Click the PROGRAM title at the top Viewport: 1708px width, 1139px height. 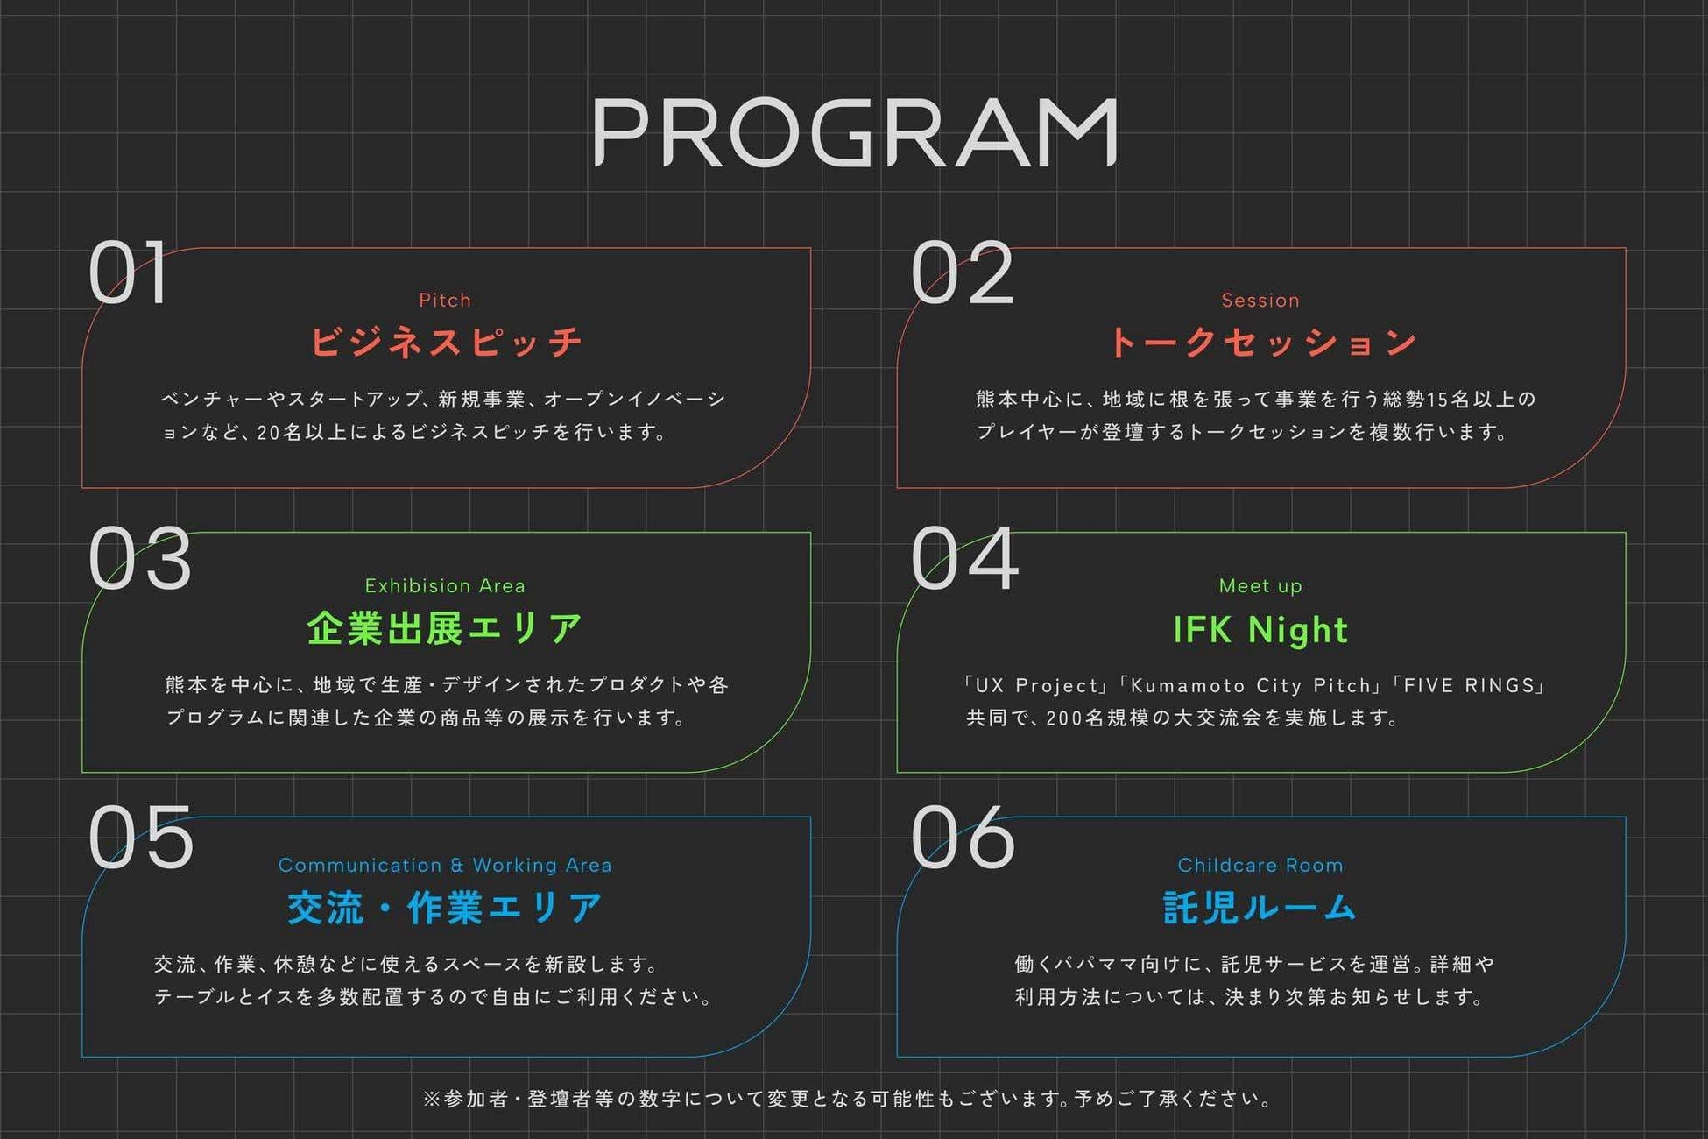pos(854,132)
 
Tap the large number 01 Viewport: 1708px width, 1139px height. pos(129,273)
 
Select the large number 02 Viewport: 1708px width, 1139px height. pos(962,273)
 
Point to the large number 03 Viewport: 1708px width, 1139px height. pos(140,559)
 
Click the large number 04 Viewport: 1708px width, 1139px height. pos(964,559)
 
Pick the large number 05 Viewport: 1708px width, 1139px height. pos(141,838)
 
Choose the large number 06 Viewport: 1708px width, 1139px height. pos(963,838)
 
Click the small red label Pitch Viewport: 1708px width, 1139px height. pos(445,301)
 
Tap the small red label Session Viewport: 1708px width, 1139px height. pos(1260,301)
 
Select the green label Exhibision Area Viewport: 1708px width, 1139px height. pos(445,585)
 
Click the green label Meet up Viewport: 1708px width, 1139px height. pos(1260,585)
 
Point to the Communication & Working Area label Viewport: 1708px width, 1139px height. pos(445,865)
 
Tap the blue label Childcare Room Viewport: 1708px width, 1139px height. pos(1260,865)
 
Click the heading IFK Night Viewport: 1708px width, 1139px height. pos(1260,630)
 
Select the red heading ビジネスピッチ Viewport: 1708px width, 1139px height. pos(446,342)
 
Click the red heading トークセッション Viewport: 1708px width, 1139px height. pos(1261,342)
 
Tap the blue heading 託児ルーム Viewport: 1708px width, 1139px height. pos(1260,908)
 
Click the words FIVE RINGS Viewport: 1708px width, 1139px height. pos(1469,685)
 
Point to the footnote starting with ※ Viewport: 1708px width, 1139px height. pos(848,1099)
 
